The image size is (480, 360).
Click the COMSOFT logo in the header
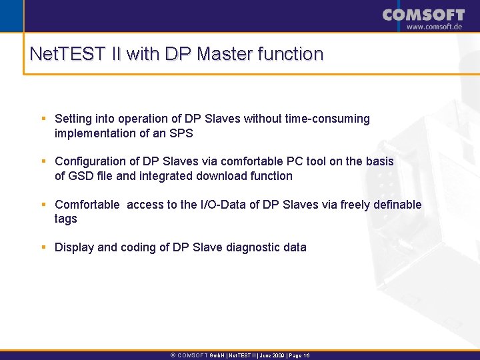[423, 15]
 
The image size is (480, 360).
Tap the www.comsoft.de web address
[435, 27]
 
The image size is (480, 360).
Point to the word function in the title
[292, 54]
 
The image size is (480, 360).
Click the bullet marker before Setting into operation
[43, 119]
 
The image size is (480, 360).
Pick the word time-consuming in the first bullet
[327, 119]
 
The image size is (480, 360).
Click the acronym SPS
[180, 133]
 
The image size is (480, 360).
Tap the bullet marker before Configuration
[43, 161]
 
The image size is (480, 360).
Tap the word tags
[66, 219]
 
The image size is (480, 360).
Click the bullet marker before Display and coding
[43, 247]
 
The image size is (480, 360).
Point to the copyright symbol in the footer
[173, 356]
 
